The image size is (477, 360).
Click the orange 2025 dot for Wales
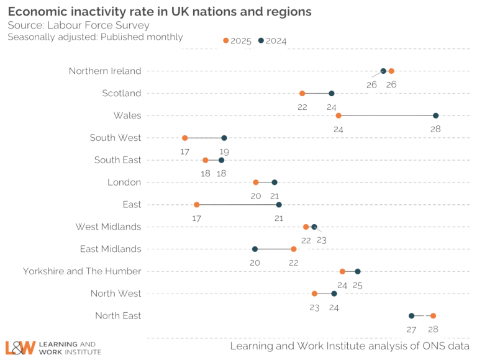pyautogui.click(x=338, y=115)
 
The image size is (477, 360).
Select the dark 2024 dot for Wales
pyautogui.click(x=435, y=115)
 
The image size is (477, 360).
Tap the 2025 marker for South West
pyautogui.click(x=184, y=138)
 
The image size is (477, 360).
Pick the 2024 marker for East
pyautogui.click(x=279, y=205)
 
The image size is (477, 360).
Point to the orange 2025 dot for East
pyautogui.click(x=197, y=205)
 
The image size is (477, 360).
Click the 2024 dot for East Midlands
pyautogui.click(x=255, y=249)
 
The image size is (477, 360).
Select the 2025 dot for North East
pyautogui.click(x=433, y=316)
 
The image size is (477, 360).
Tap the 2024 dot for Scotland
pyautogui.click(x=331, y=94)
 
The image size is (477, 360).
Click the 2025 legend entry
pyautogui.click(x=237, y=40)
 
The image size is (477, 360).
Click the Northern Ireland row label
pyautogui.click(x=105, y=71)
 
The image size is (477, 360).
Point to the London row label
pyautogui.click(x=124, y=182)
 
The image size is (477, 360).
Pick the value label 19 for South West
pyautogui.click(x=224, y=151)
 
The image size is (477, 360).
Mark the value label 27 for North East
pyautogui.click(x=411, y=329)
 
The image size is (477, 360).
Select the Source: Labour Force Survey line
pyautogui.click(x=78, y=25)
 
